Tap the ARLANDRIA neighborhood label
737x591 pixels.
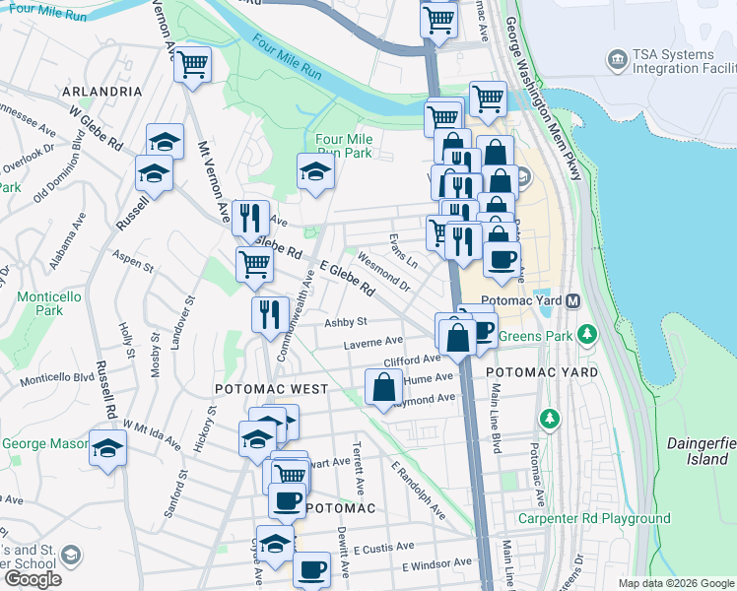point(102,91)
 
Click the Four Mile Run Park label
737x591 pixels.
point(343,147)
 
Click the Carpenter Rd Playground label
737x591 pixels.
point(597,518)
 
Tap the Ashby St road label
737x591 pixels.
point(347,322)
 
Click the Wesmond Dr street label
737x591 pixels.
point(383,273)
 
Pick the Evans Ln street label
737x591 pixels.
point(404,251)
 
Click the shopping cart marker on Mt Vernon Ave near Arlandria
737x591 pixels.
point(192,66)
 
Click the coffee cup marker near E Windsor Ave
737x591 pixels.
point(311,568)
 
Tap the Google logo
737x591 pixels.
point(33,579)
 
